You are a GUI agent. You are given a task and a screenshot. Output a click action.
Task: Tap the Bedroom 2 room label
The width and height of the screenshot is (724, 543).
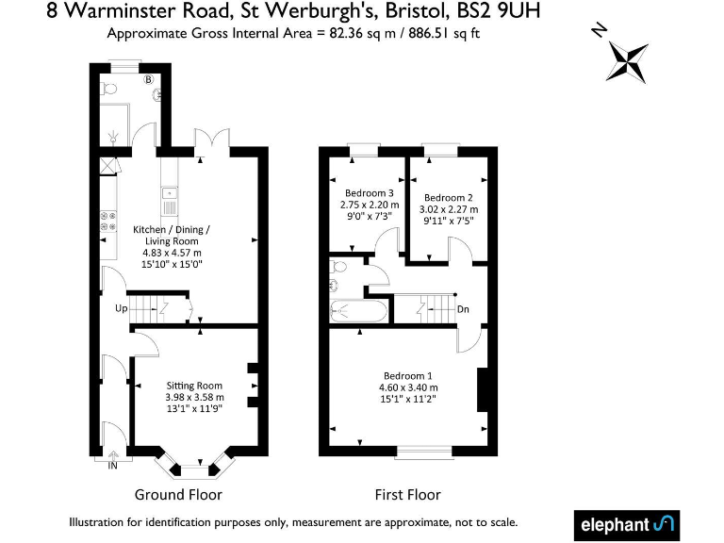[x=448, y=197]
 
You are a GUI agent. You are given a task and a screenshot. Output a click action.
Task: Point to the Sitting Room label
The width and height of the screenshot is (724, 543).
[x=194, y=386]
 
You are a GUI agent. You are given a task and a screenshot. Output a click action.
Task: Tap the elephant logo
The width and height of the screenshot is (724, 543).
[x=625, y=523]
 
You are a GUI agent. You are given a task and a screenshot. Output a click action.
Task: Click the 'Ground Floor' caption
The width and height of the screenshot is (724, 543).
[x=178, y=494]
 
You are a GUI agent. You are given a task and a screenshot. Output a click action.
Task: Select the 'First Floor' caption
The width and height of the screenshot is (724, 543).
[x=407, y=494]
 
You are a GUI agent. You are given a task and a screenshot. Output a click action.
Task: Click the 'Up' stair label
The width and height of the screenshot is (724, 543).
[x=122, y=308]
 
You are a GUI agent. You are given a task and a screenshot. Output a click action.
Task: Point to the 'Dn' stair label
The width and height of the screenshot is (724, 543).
[x=463, y=308]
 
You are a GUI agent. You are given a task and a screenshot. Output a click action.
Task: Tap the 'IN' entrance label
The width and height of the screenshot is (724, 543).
[x=113, y=466]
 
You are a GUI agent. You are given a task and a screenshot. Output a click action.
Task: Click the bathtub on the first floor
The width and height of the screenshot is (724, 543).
[x=358, y=308]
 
